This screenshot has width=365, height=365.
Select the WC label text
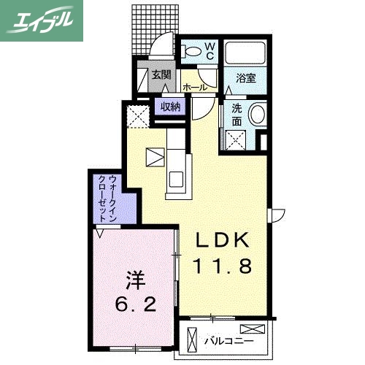point(209,50)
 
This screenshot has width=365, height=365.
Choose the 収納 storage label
point(170,107)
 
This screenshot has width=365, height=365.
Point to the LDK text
point(223,240)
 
